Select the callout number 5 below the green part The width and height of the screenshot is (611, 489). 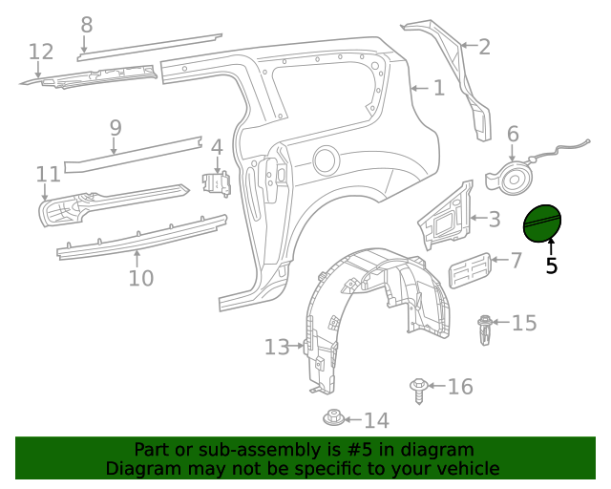551,266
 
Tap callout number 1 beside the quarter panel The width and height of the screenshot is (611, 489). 438,89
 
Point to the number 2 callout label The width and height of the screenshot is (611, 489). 484,46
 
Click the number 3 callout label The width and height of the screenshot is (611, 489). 494,220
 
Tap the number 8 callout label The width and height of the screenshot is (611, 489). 87,25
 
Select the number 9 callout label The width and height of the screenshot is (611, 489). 116,127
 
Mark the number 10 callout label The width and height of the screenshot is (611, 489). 140,278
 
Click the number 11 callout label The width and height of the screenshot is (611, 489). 48,174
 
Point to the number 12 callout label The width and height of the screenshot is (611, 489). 41,52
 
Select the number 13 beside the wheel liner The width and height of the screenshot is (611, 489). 277,348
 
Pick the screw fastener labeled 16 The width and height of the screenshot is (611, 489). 418,389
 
